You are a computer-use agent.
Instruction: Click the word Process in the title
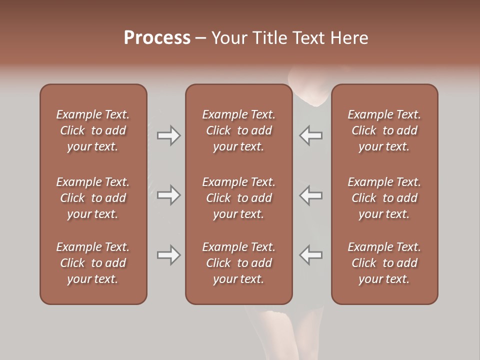pos(157,38)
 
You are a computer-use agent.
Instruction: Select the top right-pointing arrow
pos(168,135)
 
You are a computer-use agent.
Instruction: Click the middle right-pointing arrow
pos(168,195)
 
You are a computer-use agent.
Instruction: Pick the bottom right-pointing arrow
pos(168,255)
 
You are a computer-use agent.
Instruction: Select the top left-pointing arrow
pos(311,135)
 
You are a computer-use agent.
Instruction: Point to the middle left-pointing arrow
pos(311,195)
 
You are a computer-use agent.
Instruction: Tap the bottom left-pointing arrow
pos(311,255)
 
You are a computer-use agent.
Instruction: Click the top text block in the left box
pos(93,130)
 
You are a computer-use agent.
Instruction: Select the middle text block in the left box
pos(93,198)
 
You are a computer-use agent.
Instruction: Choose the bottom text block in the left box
pos(93,263)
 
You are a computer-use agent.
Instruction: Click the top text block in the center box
pos(238,130)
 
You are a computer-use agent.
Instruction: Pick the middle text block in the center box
pos(238,198)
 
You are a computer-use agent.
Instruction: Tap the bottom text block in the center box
pos(238,263)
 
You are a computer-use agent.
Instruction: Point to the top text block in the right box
pos(384,130)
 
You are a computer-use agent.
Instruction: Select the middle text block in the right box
pos(384,198)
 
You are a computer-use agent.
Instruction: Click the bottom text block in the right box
pos(384,263)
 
